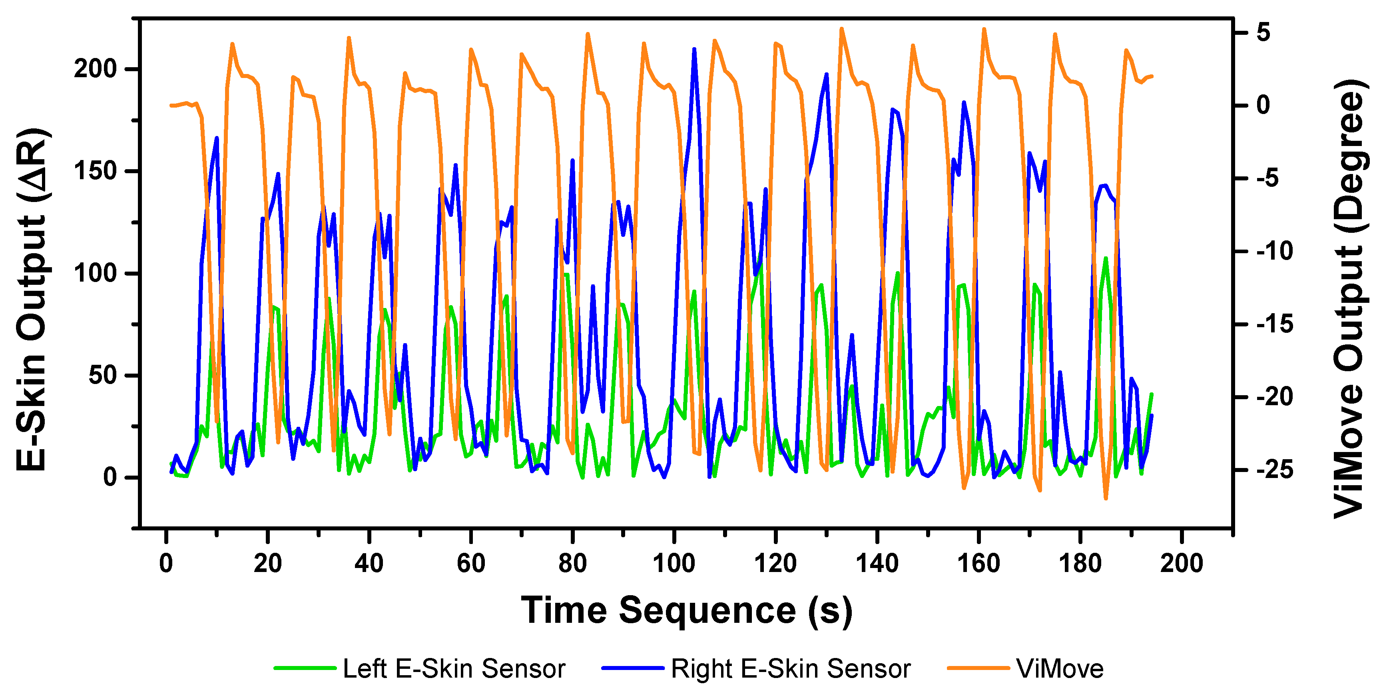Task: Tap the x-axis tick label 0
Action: click(166, 563)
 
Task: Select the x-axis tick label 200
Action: click(1181, 563)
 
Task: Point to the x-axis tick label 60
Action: click(471, 563)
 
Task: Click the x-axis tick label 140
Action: click(877, 563)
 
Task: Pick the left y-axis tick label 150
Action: click(95, 171)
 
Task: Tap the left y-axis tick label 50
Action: click(103, 375)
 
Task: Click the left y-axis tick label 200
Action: click(95, 69)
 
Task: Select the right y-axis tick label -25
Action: click(1274, 470)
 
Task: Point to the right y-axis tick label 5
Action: click(1263, 32)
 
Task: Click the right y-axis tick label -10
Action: click(1274, 251)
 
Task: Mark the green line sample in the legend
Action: click(305, 668)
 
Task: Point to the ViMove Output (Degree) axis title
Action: click(1349, 298)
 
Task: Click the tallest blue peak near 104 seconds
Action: click(695, 50)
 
